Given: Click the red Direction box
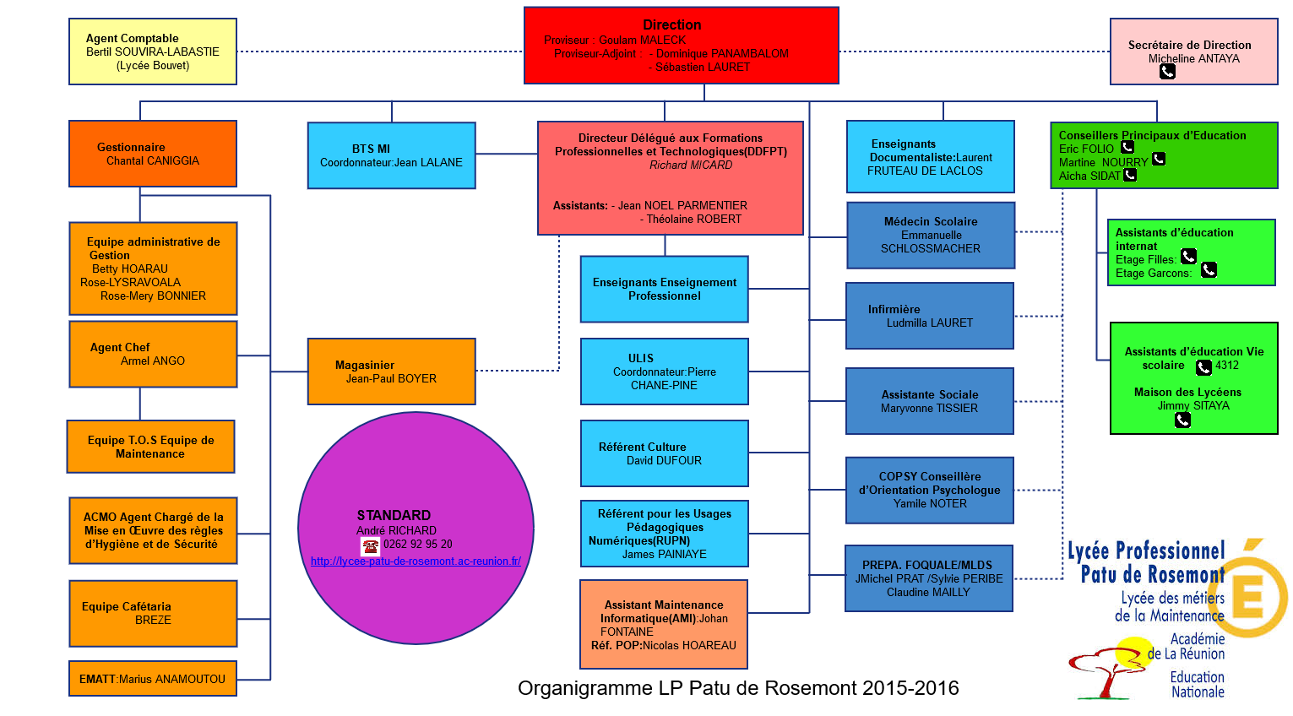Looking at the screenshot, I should [681, 46].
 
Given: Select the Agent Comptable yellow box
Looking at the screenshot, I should [153, 52].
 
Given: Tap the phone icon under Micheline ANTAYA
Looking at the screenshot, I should [1167, 72].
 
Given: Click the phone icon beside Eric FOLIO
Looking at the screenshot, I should [1127, 148].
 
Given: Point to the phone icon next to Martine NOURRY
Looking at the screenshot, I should [1159, 159].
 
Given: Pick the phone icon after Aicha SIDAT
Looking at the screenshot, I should [1130, 175].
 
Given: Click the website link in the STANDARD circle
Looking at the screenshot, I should [416, 561].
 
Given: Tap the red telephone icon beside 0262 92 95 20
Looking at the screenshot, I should [370, 545].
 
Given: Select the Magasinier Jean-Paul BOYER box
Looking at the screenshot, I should [391, 372].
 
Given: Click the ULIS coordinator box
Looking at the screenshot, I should [664, 372].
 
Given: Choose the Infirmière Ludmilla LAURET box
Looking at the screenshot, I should [929, 316].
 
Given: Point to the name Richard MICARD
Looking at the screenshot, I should [691, 165].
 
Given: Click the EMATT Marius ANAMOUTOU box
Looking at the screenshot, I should [152, 679].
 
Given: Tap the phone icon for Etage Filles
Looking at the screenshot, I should [1188, 256].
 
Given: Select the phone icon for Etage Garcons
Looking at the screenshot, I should [1209, 270].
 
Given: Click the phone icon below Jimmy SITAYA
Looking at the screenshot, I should [1182, 420].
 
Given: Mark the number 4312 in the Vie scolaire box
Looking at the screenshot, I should [1227, 366].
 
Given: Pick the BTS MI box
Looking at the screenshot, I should [391, 155].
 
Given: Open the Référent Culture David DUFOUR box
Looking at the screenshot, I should [664, 453].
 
